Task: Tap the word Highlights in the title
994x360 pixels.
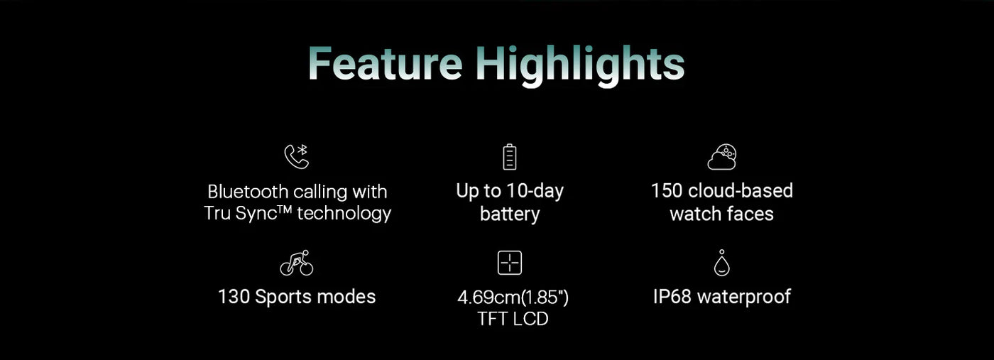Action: coord(581,67)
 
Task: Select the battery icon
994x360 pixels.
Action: coord(510,157)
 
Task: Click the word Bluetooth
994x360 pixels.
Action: coord(248,192)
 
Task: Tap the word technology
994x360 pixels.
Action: coord(344,214)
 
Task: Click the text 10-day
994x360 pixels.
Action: coord(535,192)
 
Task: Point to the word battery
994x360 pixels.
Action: coord(510,214)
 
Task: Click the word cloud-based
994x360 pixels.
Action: coord(740,191)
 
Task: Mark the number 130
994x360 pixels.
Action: coord(234,297)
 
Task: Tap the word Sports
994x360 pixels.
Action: coord(283,298)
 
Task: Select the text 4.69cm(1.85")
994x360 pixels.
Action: coord(513,298)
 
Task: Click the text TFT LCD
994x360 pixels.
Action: coord(513,319)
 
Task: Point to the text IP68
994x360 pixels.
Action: coord(672,297)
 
